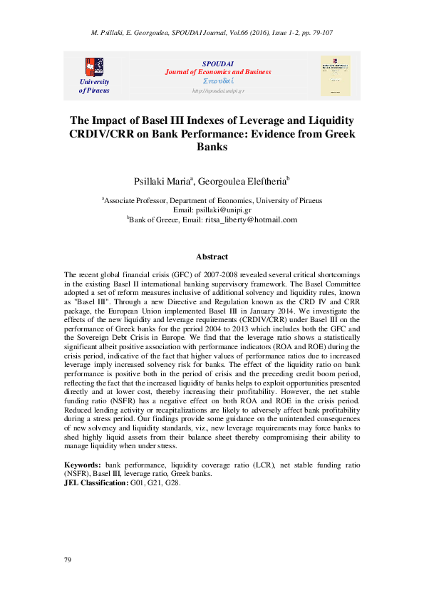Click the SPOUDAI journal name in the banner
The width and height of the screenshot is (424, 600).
pos(208,63)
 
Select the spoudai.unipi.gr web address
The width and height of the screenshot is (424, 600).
pos(208,91)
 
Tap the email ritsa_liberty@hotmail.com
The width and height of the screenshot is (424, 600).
pos(251,220)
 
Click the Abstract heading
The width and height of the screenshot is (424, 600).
pos(212,257)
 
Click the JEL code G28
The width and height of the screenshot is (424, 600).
pos(172,482)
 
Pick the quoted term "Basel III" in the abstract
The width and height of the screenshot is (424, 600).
pos(88,301)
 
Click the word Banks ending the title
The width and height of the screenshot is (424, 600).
pos(212,147)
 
